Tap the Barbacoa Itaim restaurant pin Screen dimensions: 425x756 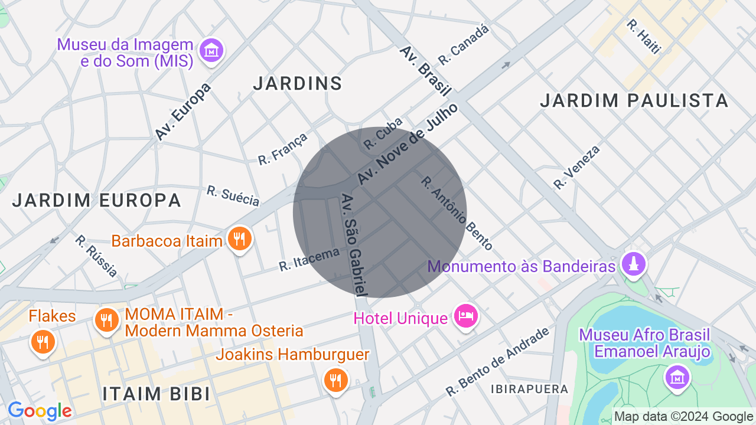click(x=239, y=239)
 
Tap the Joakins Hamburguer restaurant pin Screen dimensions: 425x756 click(x=335, y=380)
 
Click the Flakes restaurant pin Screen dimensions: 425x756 click(x=43, y=342)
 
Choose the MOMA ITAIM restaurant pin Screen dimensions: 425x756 click(x=106, y=321)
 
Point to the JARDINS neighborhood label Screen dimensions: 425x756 click(x=298, y=84)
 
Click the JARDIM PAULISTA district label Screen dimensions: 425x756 click(x=634, y=101)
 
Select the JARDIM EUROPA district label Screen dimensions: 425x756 click(x=97, y=201)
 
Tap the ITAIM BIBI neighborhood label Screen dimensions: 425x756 click(x=157, y=394)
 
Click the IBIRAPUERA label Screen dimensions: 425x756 click(x=529, y=389)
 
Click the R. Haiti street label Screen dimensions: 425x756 click(x=643, y=37)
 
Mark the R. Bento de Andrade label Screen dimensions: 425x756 click(x=497, y=362)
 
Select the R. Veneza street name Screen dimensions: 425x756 click(x=576, y=168)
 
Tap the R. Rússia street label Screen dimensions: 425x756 click(x=96, y=256)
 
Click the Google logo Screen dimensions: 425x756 click(x=40, y=411)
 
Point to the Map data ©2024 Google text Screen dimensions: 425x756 click(x=683, y=417)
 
